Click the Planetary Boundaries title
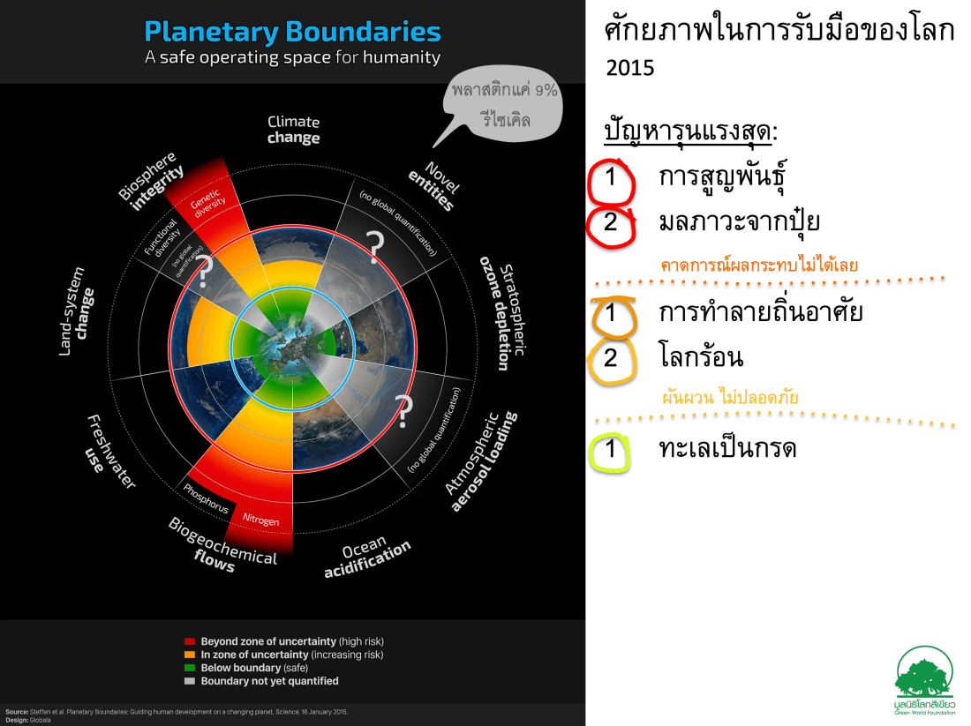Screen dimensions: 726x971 [292, 33]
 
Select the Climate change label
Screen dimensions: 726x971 [293, 130]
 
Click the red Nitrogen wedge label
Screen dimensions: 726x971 [260, 520]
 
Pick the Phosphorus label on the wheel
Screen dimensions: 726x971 [206, 498]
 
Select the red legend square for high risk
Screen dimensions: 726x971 [189, 641]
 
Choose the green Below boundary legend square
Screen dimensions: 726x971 [189, 668]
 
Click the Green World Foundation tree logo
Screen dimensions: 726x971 [925, 671]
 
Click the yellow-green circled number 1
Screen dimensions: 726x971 [610, 451]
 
